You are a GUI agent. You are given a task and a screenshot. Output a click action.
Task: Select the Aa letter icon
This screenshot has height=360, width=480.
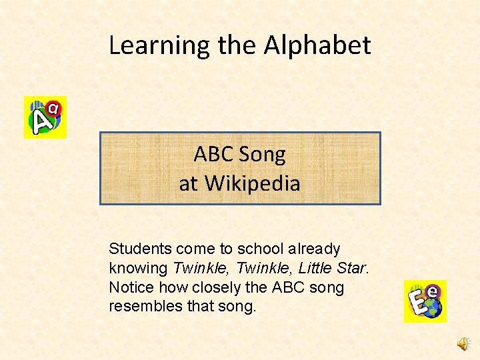pos(45,117)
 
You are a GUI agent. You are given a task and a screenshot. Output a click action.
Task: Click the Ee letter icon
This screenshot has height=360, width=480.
pos(425,301)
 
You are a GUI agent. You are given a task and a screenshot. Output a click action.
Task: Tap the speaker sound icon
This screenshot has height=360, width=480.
pos(463,343)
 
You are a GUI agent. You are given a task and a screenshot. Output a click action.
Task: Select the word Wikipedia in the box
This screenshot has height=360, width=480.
pos(253,183)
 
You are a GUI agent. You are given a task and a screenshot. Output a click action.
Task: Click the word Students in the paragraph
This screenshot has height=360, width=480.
pos(140,249)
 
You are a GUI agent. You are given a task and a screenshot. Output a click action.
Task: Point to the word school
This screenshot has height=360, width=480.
pos(262,249)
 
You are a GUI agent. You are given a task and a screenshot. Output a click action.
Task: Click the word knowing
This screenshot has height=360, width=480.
pos(138,269)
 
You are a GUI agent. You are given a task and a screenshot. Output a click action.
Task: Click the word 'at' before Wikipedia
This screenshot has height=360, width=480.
pos(188,183)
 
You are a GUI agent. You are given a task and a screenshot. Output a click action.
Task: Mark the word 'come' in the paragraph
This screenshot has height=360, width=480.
pos(195,249)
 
